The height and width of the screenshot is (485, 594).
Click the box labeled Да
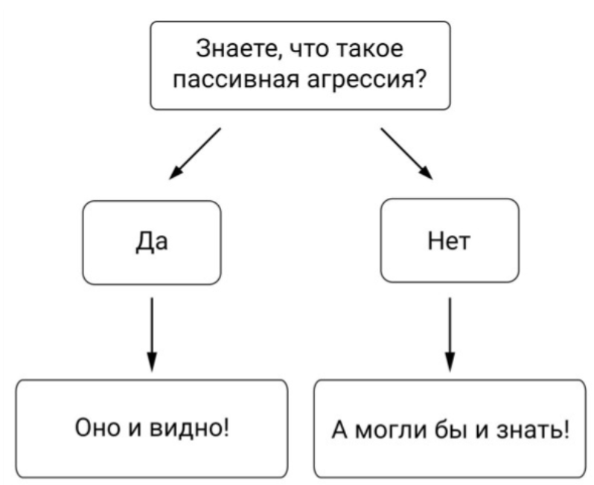[151, 242]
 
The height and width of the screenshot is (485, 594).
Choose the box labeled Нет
[450, 242]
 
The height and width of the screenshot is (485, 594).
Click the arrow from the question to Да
[195, 154]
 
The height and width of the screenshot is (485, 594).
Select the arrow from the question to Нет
[406, 153]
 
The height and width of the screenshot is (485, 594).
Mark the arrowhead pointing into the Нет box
[427, 173]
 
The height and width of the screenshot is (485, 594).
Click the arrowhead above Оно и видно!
[151, 363]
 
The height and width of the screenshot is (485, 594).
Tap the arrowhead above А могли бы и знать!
[450, 363]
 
